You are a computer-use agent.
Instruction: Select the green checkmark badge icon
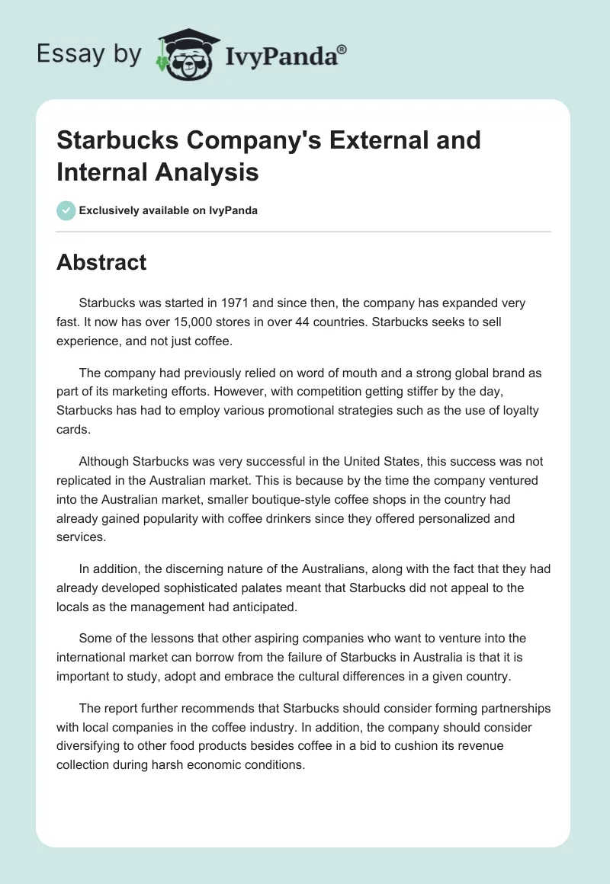tap(66, 210)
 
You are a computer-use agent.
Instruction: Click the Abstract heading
tap(101, 262)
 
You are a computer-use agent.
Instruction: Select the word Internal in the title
tap(101, 171)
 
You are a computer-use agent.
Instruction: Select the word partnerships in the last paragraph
tap(509, 708)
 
